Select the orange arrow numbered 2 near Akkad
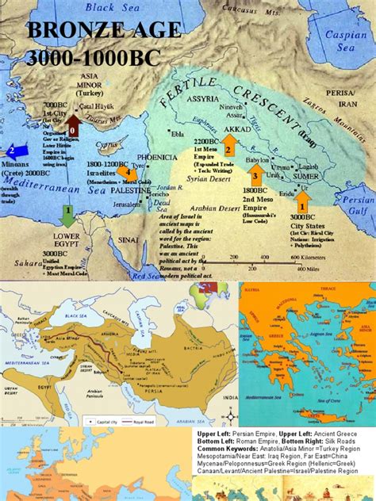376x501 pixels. (228, 144)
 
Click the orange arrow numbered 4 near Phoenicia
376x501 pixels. (123, 171)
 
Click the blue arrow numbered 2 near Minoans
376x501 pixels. (15, 150)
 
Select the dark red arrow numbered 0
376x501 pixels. (72, 126)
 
